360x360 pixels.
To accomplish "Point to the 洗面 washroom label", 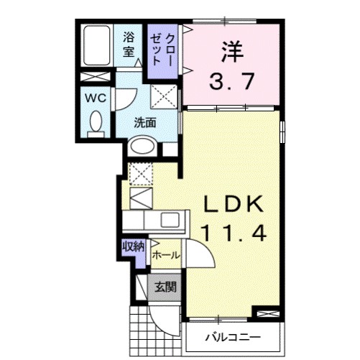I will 145,122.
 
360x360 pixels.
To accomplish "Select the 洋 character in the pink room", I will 230,50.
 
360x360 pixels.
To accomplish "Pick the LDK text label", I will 230,205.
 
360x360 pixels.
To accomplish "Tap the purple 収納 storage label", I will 133,246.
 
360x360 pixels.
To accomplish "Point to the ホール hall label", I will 165,254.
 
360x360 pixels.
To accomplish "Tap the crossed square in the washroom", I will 164,96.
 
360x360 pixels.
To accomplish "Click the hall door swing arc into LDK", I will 198,253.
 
